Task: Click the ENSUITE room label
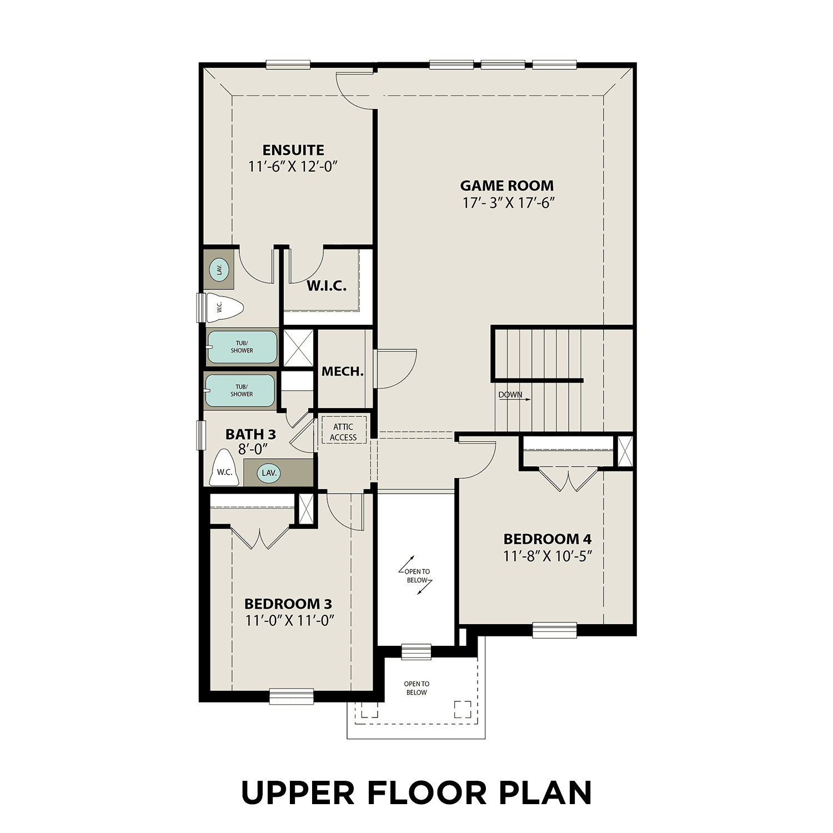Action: click(293, 150)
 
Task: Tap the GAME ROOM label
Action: click(506, 185)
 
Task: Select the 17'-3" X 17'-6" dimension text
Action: click(509, 203)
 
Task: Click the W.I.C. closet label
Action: click(327, 286)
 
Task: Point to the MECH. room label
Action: click(343, 372)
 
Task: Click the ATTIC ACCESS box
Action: click(343, 431)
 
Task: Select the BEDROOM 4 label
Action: click(547, 539)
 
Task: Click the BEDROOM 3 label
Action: click(288, 604)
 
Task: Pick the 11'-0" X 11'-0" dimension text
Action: click(289, 620)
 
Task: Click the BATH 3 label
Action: click(250, 434)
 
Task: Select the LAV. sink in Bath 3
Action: click(269, 473)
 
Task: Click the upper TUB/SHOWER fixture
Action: click(242, 347)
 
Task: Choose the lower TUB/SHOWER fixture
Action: click(240, 390)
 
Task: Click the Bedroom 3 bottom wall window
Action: click(292, 696)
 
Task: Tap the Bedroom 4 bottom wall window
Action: click(554, 630)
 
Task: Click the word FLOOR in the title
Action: click(426, 792)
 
